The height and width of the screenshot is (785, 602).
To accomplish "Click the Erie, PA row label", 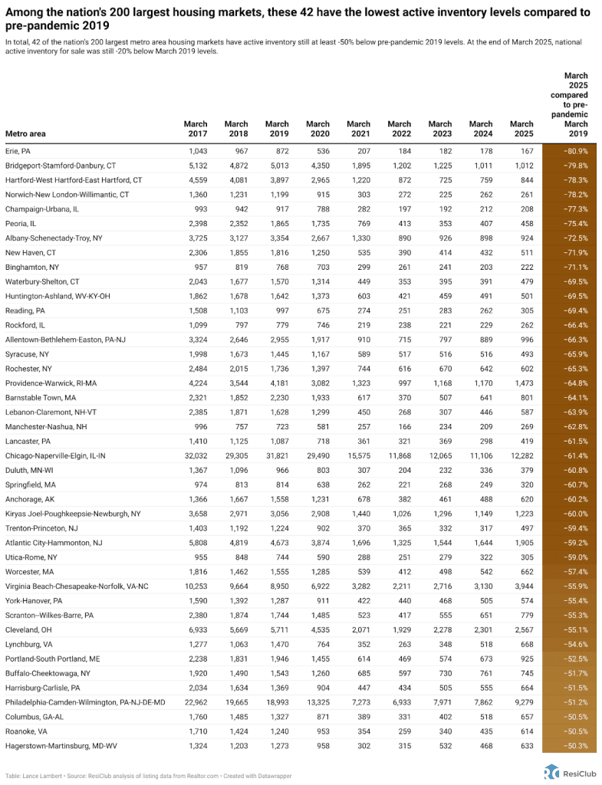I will pos(18,152).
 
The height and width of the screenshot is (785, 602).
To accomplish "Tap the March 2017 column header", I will pos(196,129).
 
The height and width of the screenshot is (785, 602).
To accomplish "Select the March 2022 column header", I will pos(399,129).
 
